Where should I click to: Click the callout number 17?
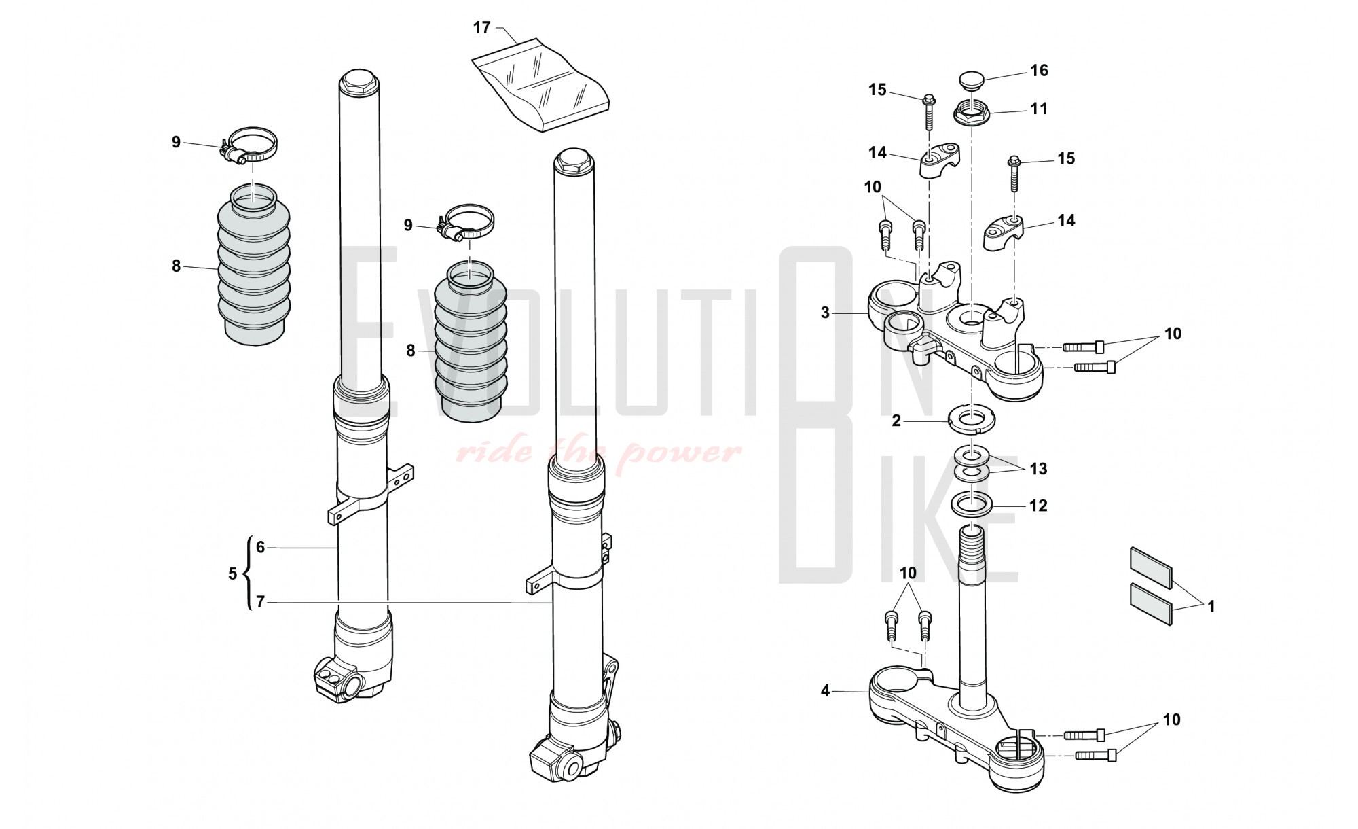[x=481, y=28]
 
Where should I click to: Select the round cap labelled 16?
[x=971, y=80]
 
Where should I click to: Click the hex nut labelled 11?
[x=972, y=113]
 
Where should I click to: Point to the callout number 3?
[x=825, y=313]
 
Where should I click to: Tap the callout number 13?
[x=1038, y=469]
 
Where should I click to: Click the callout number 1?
[x=1211, y=607]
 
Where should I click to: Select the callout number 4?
[x=825, y=691]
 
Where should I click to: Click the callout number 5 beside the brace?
[x=233, y=574]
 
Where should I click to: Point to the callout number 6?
[x=260, y=547]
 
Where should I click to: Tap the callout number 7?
[x=260, y=602]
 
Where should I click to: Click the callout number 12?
[x=1038, y=506]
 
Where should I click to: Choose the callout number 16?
[x=1039, y=70]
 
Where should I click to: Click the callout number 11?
[x=1039, y=109]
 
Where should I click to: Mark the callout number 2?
[x=896, y=421]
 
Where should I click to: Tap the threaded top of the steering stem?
[x=972, y=541]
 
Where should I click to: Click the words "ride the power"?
[x=598, y=452]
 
